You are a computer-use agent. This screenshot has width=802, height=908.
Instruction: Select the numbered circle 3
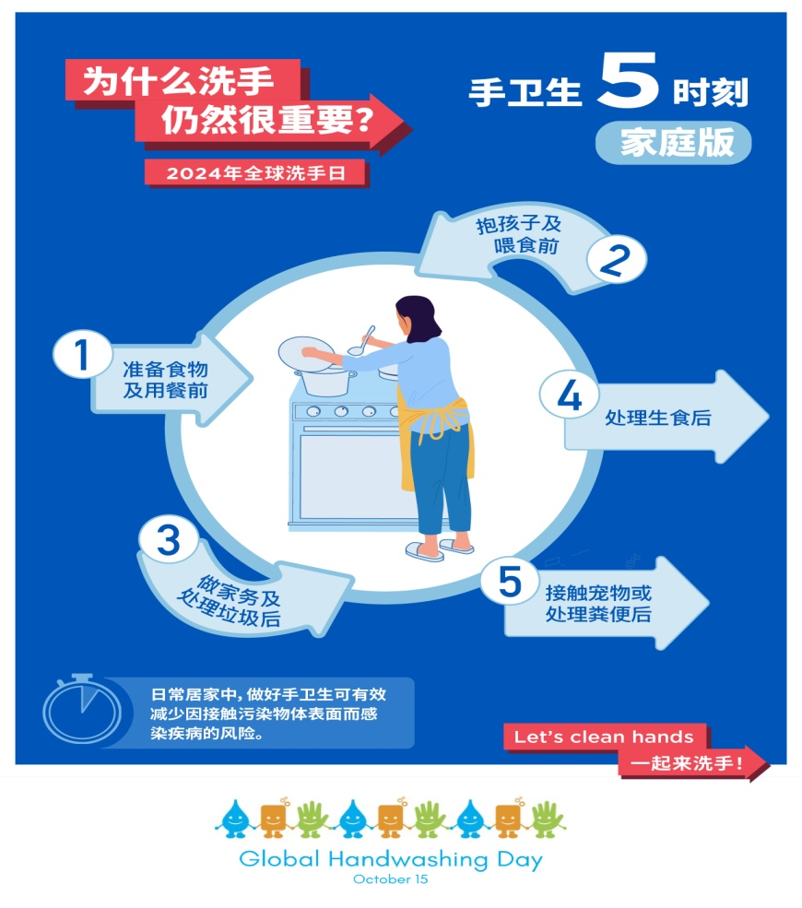point(168,539)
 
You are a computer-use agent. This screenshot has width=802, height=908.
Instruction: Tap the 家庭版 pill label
point(673,143)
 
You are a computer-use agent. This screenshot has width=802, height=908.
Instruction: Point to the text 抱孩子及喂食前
point(518,235)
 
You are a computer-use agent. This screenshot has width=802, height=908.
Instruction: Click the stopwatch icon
point(81,710)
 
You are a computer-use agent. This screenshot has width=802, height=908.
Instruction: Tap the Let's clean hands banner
point(604,737)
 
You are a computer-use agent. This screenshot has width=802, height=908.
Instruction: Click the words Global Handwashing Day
point(390,859)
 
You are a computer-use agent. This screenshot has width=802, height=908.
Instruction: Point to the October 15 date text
point(390,879)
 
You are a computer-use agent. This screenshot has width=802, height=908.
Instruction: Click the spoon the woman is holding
point(362,340)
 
